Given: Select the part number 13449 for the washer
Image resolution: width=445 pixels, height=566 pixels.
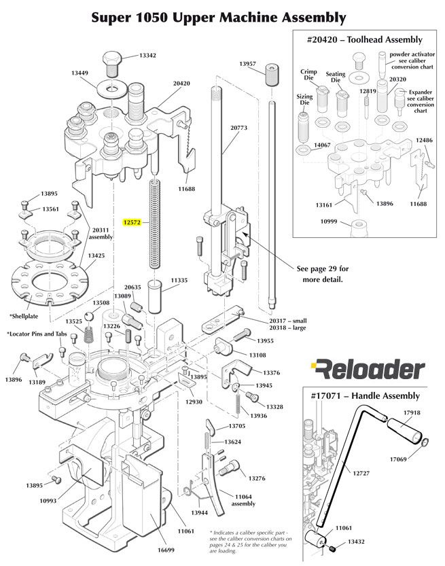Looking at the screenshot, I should (x=81, y=73).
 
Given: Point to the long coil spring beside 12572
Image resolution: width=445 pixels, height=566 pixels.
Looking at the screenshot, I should (x=156, y=224).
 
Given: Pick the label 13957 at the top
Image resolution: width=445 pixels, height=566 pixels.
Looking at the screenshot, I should (x=247, y=63).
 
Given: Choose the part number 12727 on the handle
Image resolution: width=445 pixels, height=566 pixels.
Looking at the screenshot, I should (x=361, y=473).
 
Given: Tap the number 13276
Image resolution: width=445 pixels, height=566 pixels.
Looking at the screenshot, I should (x=257, y=478).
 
